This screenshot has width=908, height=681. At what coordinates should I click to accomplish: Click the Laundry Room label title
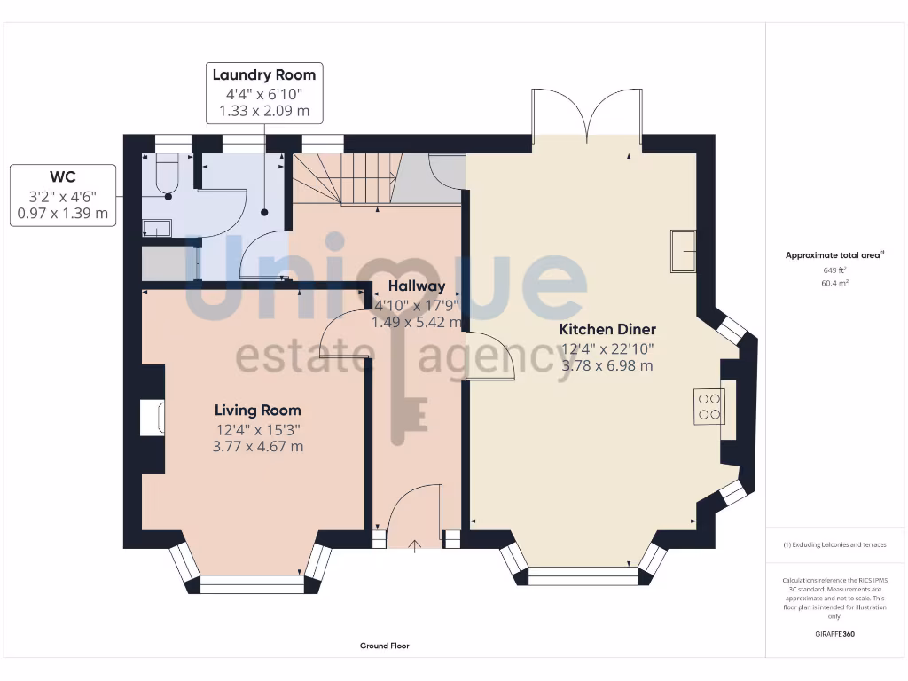(x=263, y=74)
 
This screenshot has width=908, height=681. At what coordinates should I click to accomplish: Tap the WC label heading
(x=62, y=176)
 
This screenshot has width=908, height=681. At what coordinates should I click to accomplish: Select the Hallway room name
(x=416, y=286)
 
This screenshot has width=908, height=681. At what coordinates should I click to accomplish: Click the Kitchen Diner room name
(x=607, y=329)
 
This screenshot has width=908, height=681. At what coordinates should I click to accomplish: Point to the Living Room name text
(x=257, y=410)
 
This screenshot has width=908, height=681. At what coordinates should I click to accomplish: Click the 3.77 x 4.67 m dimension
(x=257, y=446)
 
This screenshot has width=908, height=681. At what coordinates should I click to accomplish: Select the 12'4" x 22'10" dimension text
(x=607, y=348)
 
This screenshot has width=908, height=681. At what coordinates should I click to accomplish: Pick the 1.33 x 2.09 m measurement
(x=263, y=112)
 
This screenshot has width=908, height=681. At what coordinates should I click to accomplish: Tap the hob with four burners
(x=709, y=406)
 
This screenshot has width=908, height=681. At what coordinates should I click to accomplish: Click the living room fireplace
(x=151, y=418)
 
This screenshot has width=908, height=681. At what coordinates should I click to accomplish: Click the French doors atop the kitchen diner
(x=587, y=115)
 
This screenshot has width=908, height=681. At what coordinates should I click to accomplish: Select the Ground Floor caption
(x=384, y=646)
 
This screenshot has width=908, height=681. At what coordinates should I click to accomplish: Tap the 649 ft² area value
(x=835, y=270)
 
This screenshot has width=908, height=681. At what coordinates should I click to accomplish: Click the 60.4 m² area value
(x=835, y=283)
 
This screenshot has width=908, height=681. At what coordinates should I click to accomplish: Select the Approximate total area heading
(x=834, y=255)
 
